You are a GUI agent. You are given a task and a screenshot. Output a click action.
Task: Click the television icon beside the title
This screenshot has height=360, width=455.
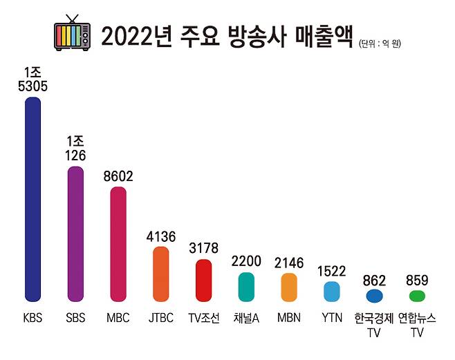coord(72,35)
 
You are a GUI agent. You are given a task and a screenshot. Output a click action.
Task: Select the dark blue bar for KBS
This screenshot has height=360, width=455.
coord(33,199)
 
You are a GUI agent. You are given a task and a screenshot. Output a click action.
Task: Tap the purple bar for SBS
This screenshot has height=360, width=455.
coord(75,234)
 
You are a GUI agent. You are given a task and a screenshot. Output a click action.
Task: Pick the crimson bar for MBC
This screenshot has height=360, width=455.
coord(118,244)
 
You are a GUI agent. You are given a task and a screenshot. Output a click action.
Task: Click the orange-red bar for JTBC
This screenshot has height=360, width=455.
coord(161,274)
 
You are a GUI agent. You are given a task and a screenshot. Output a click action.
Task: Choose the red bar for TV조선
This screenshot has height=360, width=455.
coord(203,280)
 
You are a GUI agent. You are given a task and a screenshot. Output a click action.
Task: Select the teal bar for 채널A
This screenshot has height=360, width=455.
coord(246,287)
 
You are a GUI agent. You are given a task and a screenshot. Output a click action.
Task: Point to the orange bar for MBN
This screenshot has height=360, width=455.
coord(289,287)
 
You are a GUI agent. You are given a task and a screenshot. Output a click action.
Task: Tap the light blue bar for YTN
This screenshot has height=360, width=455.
coord(332,292)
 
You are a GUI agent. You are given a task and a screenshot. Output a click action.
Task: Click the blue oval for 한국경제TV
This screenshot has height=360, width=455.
coord(374,296)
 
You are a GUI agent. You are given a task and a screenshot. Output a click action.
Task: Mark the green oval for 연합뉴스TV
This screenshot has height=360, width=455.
coord(417,296)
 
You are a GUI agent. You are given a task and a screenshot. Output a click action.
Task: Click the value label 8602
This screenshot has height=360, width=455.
coord(118,177)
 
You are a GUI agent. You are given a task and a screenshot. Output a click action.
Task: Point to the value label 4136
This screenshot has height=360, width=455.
coord(161,236)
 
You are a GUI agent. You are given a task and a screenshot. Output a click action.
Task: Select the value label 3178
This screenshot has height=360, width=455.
coord(203,249)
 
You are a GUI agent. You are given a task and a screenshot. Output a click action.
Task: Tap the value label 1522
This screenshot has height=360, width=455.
coord(332,272)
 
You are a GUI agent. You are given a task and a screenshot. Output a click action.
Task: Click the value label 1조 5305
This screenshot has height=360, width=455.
coord(33,79)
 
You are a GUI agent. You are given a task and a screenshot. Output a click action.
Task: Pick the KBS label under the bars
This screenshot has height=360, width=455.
coord(33,319)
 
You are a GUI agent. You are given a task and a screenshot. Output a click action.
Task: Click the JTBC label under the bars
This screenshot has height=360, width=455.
coord(161,319)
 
